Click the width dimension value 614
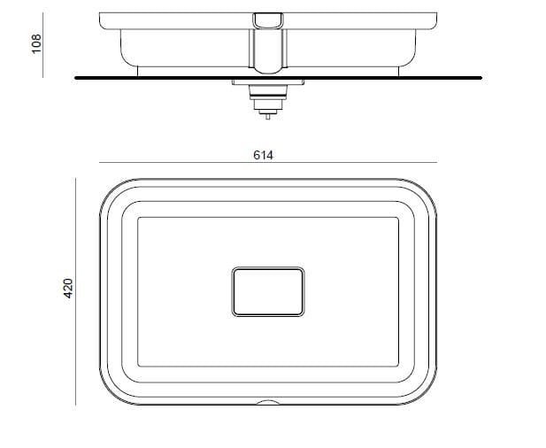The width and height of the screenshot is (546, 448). tap(264, 154)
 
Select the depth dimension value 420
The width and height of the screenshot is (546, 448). tap(68, 288)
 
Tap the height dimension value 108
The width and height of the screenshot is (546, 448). tap(36, 43)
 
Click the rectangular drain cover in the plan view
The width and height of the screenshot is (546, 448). tap(267, 290)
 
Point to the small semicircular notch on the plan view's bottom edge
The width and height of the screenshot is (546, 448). tap(267, 403)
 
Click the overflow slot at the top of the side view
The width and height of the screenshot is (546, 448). tap(267, 19)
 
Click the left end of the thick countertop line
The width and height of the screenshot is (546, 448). tap(77, 78)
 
